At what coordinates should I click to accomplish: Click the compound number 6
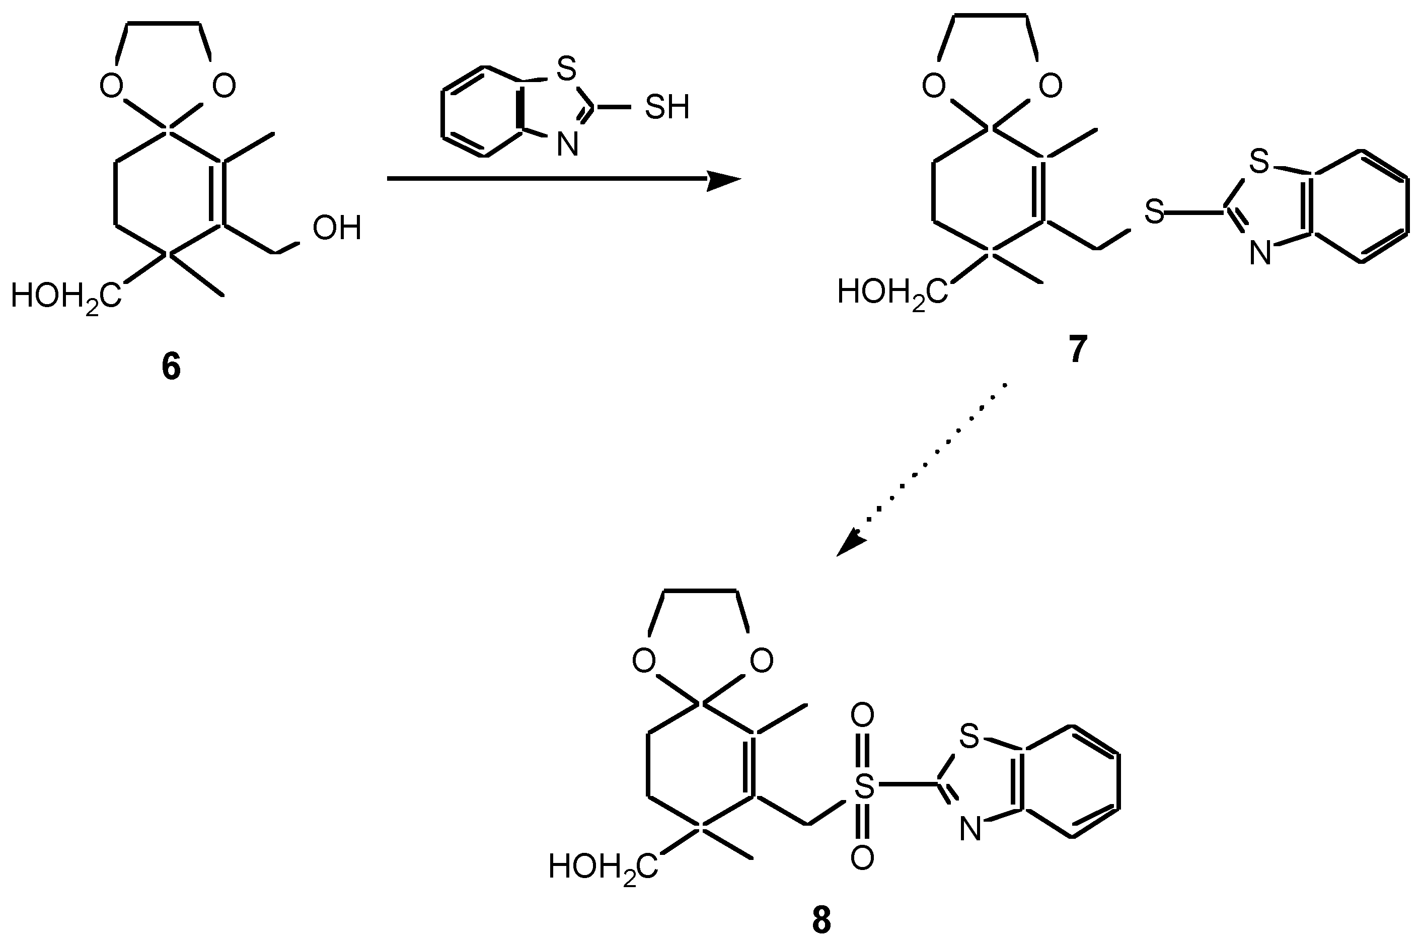pyautogui.click(x=171, y=367)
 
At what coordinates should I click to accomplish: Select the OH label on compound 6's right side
pyautogui.click(x=337, y=228)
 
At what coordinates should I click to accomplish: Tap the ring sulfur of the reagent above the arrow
pyautogui.click(x=566, y=69)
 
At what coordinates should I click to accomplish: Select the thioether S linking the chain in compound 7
pyautogui.click(x=1154, y=212)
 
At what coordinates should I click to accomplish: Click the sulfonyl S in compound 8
pyautogui.click(x=864, y=786)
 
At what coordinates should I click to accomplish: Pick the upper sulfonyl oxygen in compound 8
pyautogui.click(x=863, y=715)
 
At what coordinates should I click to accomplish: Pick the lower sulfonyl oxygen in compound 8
pyautogui.click(x=863, y=858)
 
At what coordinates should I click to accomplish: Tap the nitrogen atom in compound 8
pyautogui.click(x=969, y=829)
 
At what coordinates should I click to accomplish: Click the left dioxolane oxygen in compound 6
pyautogui.click(x=112, y=87)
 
